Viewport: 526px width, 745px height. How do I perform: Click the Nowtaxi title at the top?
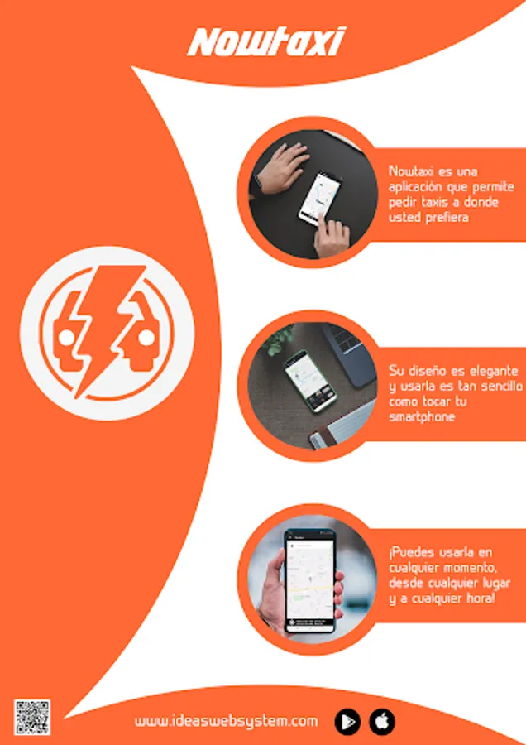pos(266,42)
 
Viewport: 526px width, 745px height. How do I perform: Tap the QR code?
pos(31,717)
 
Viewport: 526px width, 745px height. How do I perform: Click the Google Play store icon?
pos(347,721)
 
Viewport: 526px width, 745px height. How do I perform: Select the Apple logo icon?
pos(382,721)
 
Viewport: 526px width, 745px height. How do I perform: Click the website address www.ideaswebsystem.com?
pos(227,721)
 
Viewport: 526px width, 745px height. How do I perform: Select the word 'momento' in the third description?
pos(467,567)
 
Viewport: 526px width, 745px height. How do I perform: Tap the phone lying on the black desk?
pos(320,199)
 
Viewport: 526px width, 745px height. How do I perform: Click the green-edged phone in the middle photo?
pos(311,380)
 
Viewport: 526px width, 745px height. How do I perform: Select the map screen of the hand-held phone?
pos(310,580)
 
